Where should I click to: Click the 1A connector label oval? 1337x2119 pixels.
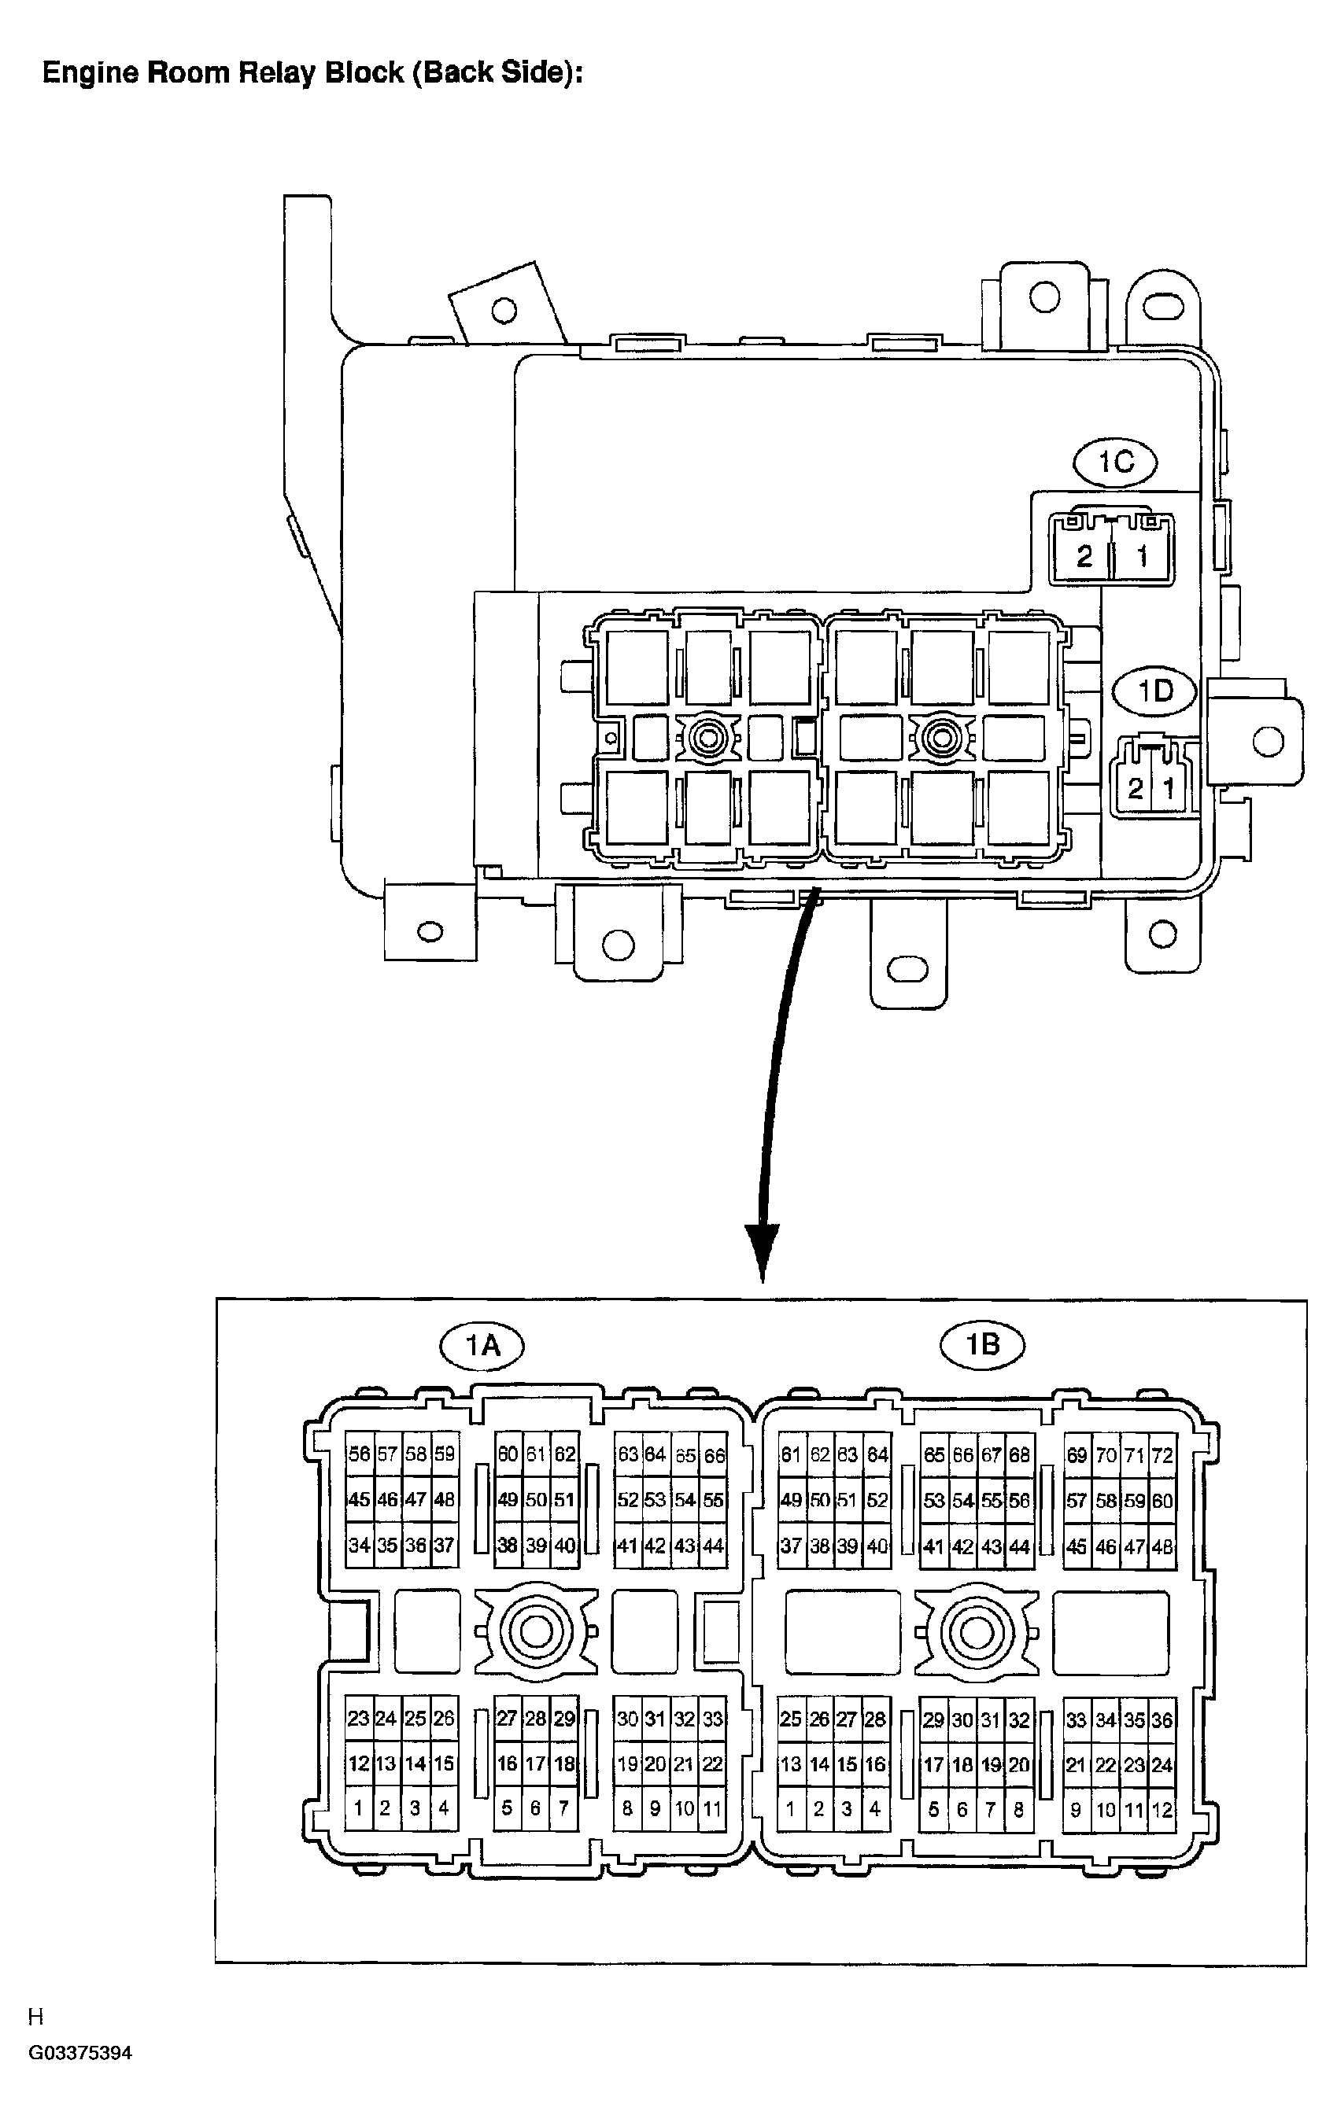point(482,1344)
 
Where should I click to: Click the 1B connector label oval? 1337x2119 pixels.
point(983,1344)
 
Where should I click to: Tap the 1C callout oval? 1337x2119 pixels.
point(1115,461)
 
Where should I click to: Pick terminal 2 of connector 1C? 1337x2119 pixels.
point(1084,556)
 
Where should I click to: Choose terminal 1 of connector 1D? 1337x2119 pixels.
point(1168,787)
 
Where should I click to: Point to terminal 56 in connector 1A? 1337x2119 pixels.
point(358,1454)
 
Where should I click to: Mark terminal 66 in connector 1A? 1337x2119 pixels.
point(714,1455)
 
